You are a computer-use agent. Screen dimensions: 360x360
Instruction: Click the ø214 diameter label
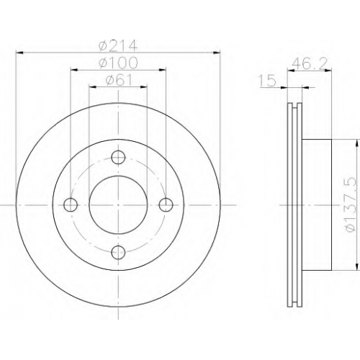click(118, 45)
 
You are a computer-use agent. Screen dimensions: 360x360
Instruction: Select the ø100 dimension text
click(118, 63)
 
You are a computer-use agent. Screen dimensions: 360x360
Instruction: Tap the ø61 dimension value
click(119, 80)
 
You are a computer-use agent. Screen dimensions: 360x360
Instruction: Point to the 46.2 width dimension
click(309, 64)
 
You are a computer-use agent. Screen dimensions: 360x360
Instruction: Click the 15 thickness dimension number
click(268, 81)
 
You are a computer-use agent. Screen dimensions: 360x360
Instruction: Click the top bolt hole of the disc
click(118, 158)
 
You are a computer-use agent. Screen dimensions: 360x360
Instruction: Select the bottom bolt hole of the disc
click(119, 252)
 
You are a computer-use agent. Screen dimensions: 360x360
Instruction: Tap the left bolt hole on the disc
click(71, 204)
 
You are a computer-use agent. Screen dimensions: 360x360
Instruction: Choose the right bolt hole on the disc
click(166, 205)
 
